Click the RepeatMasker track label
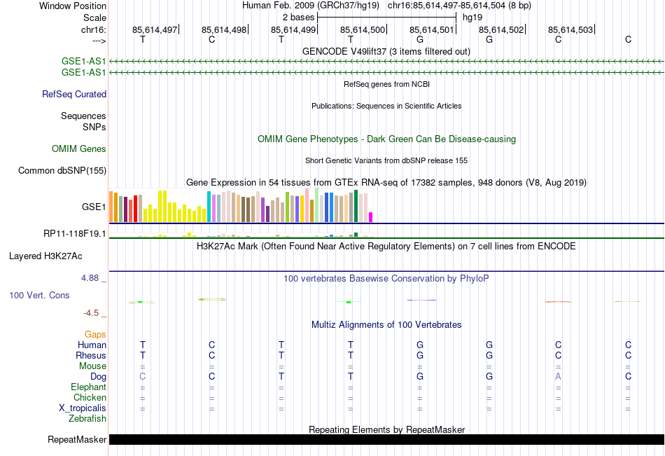(x=76, y=440)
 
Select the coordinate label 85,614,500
(x=363, y=29)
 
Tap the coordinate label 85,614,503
(x=570, y=29)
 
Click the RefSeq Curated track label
(x=74, y=95)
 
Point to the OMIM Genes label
(x=79, y=149)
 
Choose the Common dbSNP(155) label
(x=62, y=170)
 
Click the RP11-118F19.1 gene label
(x=74, y=233)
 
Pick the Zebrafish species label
(x=87, y=419)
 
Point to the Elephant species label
(x=88, y=387)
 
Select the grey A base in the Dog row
(x=558, y=377)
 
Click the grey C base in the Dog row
(x=143, y=377)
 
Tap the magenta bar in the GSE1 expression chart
(x=371, y=217)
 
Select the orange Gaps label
(x=95, y=335)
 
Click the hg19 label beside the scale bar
(x=472, y=17)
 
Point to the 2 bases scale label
(x=298, y=17)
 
